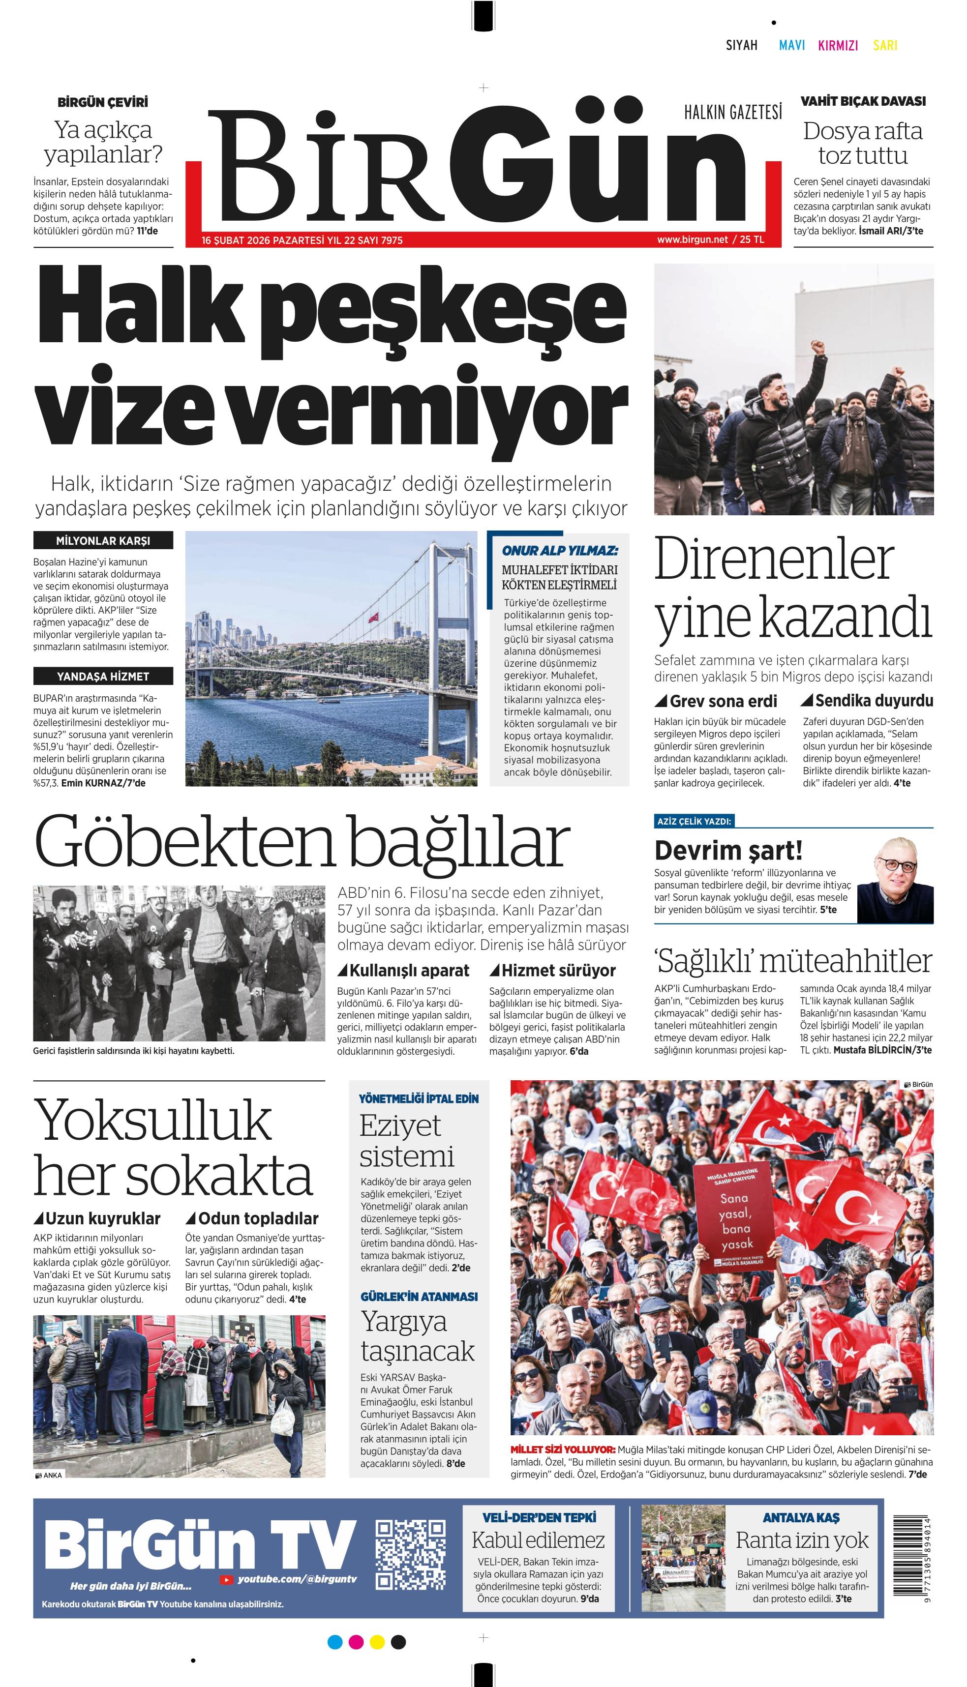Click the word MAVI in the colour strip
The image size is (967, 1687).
click(792, 45)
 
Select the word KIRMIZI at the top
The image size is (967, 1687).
click(838, 45)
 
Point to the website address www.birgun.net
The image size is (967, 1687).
click(692, 239)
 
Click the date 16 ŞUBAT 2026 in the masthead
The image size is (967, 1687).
click(236, 240)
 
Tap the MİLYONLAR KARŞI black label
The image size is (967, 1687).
click(103, 540)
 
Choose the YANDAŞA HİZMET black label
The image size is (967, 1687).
click(103, 677)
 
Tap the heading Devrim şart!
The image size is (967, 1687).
click(728, 851)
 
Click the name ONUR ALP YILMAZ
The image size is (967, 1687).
click(559, 550)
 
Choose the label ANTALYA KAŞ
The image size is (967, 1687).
click(801, 1518)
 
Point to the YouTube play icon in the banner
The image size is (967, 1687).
click(226, 1579)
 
